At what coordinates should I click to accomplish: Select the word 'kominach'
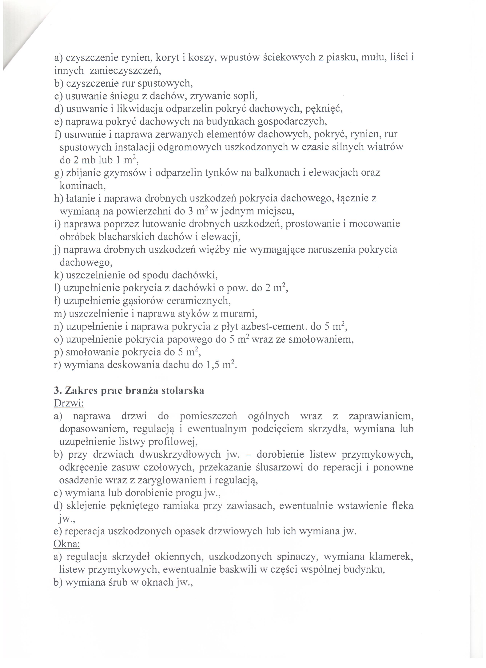coord(82,186)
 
